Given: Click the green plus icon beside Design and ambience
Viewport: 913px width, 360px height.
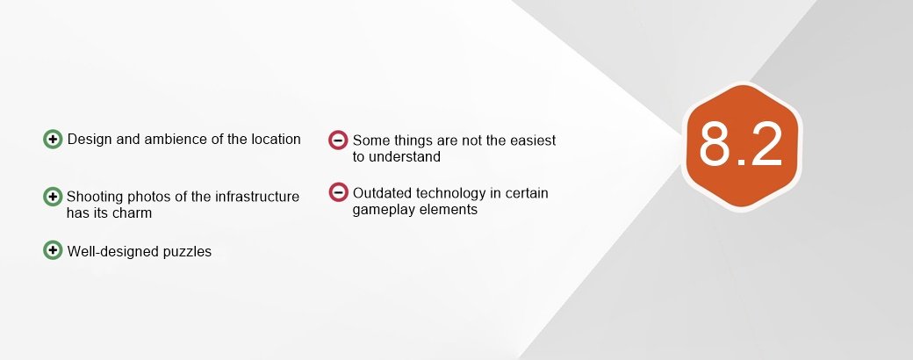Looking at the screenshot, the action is pyautogui.click(x=53, y=139).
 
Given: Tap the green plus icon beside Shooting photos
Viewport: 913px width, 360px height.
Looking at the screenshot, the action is pyautogui.click(x=53, y=197).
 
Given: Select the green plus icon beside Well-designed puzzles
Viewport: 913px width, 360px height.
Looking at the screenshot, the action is pyautogui.click(x=53, y=250).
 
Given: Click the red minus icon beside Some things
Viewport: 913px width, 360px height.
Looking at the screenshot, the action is pyautogui.click(x=338, y=140).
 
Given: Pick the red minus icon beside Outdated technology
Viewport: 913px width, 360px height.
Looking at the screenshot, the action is pyautogui.click(x=338, y=192).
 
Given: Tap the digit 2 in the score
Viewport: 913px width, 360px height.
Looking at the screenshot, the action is pyautogui.click(x=766, y=143).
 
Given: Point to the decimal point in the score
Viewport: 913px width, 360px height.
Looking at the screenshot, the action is pyautogui.click(x=740, y=162).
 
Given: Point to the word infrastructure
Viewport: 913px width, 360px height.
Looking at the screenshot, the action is pyautogui.click(x=257, y=197).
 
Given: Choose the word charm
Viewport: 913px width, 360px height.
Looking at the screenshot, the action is pyautogui.click(x=133, y=213).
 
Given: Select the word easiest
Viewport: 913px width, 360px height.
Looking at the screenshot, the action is pyautogui.click(x=533, y=140).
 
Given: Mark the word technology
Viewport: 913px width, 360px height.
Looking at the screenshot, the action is pyautogui.click(x=450, y=194).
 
